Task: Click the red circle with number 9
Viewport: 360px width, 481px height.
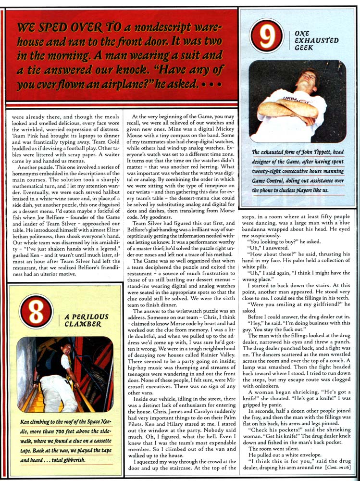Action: [266, 35]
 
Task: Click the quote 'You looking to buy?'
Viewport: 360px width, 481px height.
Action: [273, 242]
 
